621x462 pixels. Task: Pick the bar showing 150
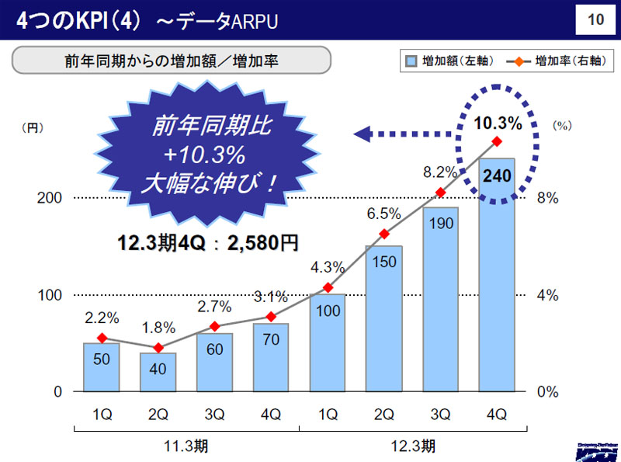[383, 318]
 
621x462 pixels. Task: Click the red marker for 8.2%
[440, 193]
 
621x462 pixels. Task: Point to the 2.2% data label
[102, 318]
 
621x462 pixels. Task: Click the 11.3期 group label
[186, 446]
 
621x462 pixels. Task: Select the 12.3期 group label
[412, 446]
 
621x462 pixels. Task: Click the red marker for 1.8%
[158, 348]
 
